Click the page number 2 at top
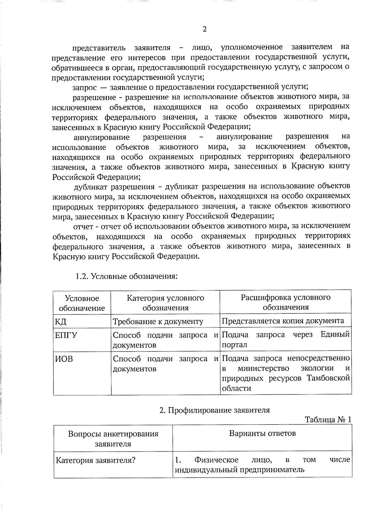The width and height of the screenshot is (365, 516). [204, 29]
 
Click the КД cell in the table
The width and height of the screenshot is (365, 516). [61, 321]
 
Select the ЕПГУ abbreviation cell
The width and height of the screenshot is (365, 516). [66, 335]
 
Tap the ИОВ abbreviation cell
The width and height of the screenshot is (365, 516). [64, 359]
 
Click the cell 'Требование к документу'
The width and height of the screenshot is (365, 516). [158, 321]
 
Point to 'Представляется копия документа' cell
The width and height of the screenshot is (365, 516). [283, 321]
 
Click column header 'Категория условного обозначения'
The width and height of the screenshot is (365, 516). [165, 303]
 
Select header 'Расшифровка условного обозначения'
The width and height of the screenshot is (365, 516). [286, 302]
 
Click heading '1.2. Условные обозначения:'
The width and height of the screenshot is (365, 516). [126, 276]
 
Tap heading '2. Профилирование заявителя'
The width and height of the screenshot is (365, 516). [215, 410]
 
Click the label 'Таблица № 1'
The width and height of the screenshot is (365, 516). [328, 420]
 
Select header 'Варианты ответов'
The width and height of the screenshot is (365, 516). [262, 433]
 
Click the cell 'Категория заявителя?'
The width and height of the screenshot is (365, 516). [95, 460]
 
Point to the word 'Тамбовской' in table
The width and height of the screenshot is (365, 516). [328, 379]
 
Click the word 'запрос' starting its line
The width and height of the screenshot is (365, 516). [85, 88]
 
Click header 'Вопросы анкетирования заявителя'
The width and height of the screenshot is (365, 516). [113, 438]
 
